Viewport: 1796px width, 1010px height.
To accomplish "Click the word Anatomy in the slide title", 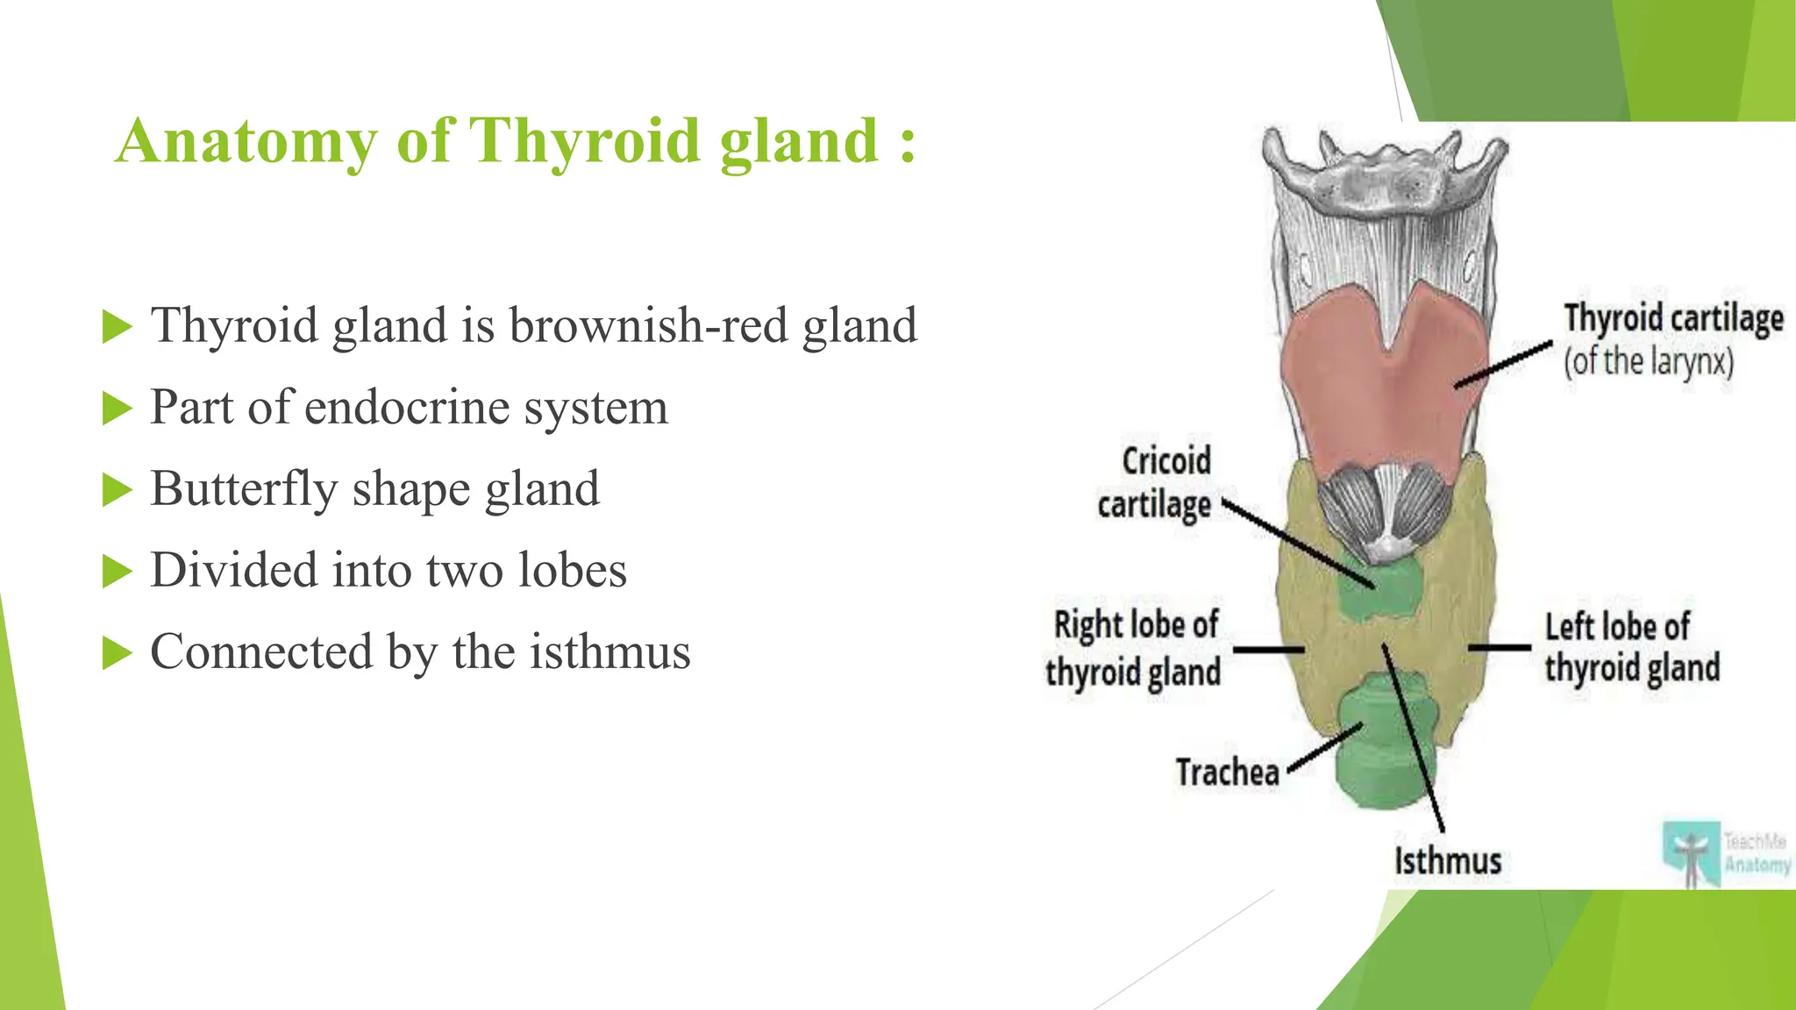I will click(246, 141).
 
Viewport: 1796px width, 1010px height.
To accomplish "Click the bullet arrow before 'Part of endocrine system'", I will click(117, 409).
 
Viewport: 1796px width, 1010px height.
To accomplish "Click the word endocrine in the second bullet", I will click(407, 408).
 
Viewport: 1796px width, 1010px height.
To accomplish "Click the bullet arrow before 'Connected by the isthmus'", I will click(117, 653).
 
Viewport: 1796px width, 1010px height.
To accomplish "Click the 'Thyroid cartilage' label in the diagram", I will click(1673, 318).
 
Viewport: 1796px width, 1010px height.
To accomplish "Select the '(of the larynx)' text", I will click(1649, 361).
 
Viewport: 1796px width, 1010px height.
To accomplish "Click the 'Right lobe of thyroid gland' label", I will click(1135, 649).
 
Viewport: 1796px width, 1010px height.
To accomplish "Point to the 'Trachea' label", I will click(1227, 773).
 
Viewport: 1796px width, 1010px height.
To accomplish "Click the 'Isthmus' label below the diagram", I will click(1448, 861).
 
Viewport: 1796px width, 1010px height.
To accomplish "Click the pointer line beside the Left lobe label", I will click(1500, 648).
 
